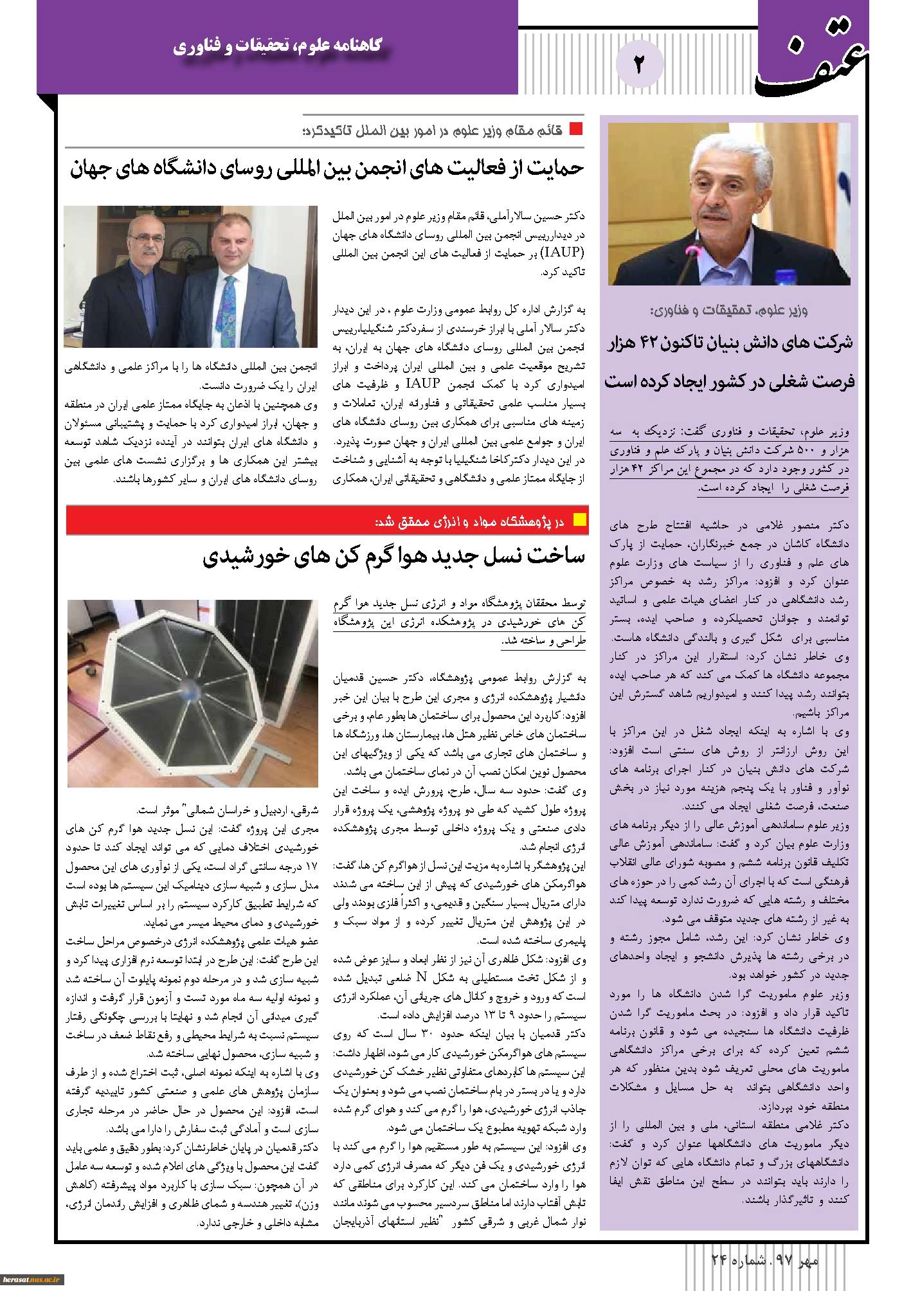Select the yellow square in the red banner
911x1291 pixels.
coord(579,520)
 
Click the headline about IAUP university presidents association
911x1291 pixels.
coord(327,168)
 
